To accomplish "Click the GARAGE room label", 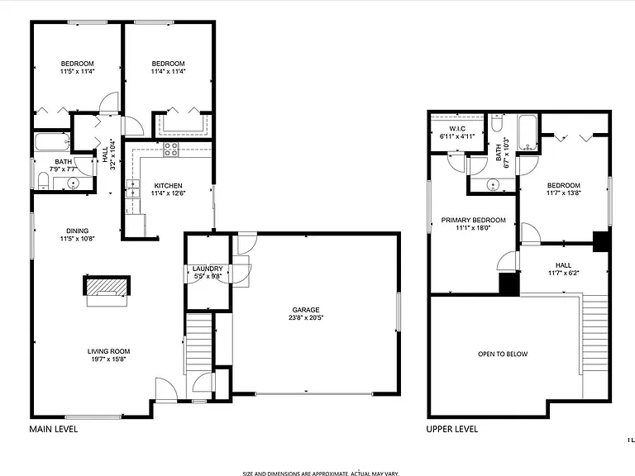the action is (x=306, y=310).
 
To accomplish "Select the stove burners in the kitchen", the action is (x=171, y=150).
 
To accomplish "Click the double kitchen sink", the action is (x=132, y=188).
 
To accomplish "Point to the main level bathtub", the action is (x=52, y=141).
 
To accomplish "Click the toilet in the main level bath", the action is (x=43, y=181).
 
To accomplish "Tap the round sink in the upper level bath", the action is (x=493, y=185).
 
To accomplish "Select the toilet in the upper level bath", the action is (x=496, y=122).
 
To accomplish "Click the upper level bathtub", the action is (x=528, y=132).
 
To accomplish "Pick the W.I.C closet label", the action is (x=457, y=129).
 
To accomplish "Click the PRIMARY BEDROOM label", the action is (x=474, y=220).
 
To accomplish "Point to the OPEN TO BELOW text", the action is (x=503, y=355).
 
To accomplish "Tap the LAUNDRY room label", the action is (x=208, y=269).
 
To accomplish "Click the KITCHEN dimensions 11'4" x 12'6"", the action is (x=169, y=193).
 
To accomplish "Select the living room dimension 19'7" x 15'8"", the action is (x=109, y=359).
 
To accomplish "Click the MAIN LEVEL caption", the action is (x=54, y=429).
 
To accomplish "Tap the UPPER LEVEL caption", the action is (x=452, y=429).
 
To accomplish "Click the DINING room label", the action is (x=78, y=231).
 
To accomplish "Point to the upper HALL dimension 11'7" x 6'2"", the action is (x=564, y=273).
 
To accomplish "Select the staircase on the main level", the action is (x=198, y=344).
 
